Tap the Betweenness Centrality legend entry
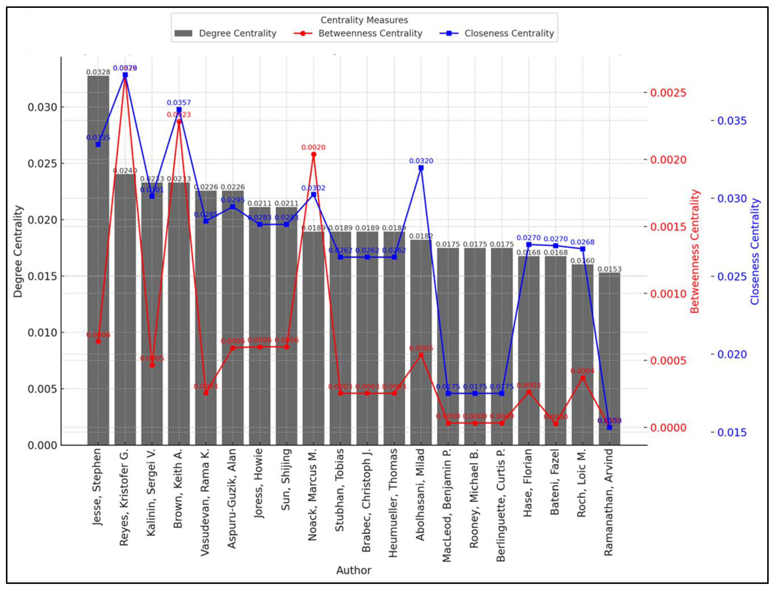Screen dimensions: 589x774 coord(358,33)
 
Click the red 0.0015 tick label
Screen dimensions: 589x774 coord(668,227)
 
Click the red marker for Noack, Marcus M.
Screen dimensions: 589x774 coord(314,154)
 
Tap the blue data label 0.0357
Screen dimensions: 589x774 coord(179,102)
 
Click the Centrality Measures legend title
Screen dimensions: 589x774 coord(364,20)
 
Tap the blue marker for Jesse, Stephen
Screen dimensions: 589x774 coord(98,145)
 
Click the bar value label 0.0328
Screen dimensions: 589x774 coord(98,72)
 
